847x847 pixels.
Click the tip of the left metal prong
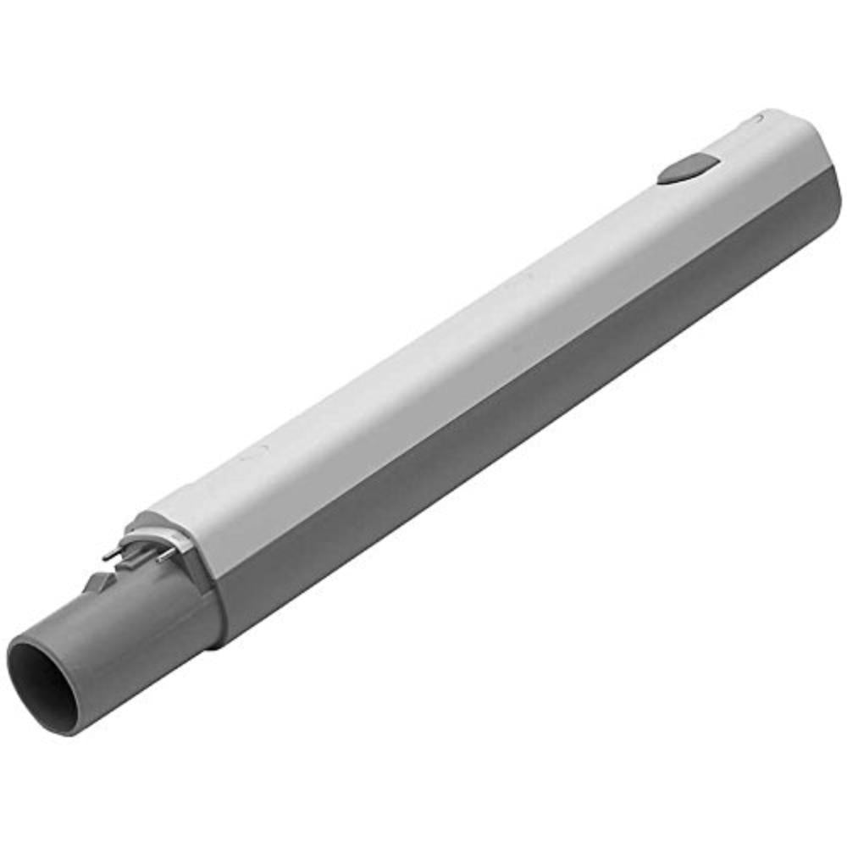coord(105,556)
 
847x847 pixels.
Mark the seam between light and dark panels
coord(508,339)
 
